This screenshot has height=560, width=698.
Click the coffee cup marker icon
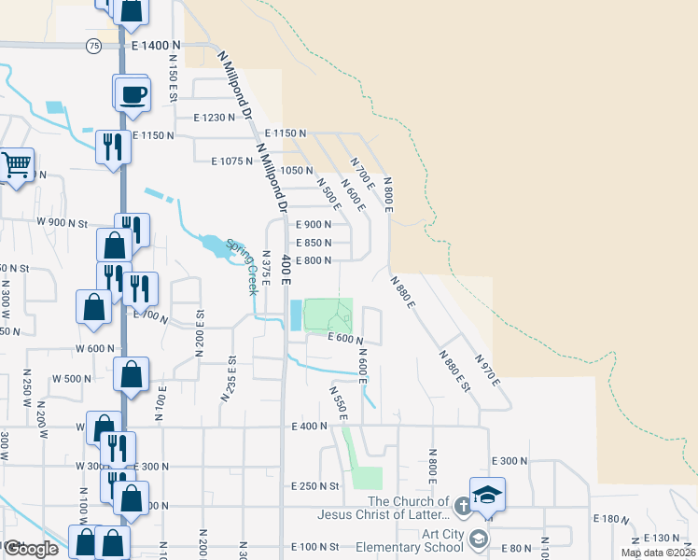pyautogui.click(x=132, y=93)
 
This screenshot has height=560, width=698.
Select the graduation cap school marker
pyautogui.click(x=486, y=494)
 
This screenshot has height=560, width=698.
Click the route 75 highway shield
pyautogui.click(x=92, y=46)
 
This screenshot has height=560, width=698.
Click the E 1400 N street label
pyautogui.click(x=155, y=46)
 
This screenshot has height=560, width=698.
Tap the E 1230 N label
pyautogui.click(x=216, y=118)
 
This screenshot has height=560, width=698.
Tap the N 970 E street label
pyautogui.click(x=487, y=370)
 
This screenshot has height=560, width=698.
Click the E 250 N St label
pyautogui.click(x=314, y=486)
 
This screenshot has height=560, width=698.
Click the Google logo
pyautogui.click(x=30, y=549)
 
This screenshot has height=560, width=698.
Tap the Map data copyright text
pyautogui.click(x=658, y=553)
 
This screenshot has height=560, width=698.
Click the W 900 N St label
pyautogui.click(x=62, y=223)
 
